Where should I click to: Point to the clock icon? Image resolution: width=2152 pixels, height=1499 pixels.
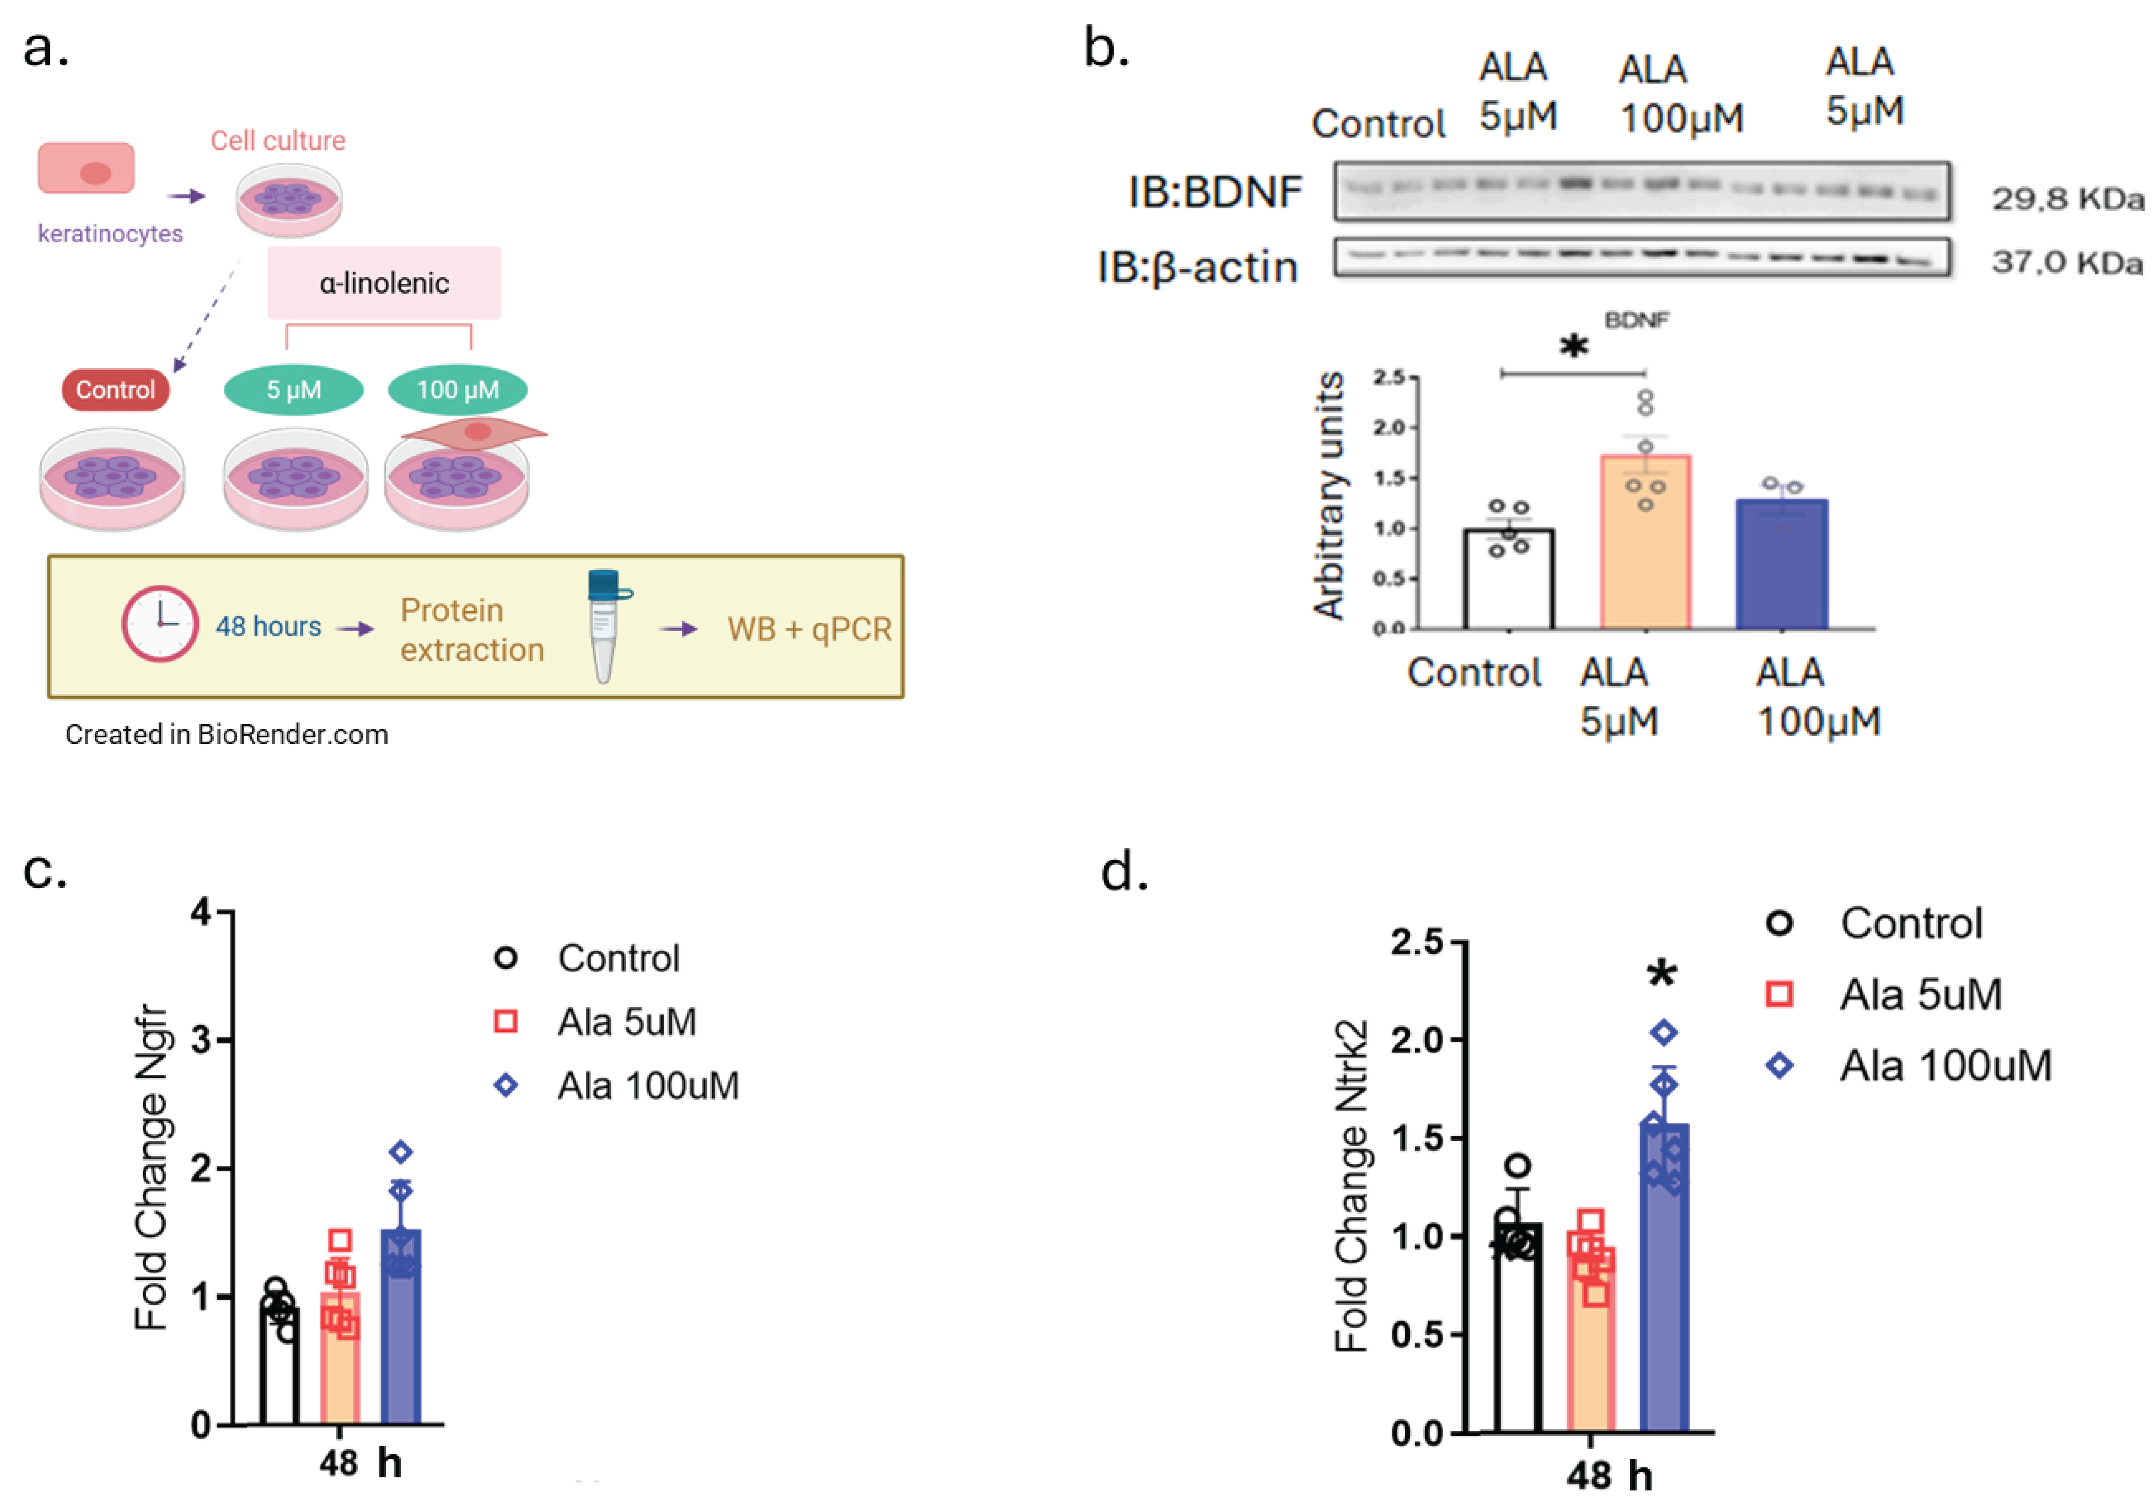pos(159,624)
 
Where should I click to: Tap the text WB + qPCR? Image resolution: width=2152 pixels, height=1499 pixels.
pos(809,629)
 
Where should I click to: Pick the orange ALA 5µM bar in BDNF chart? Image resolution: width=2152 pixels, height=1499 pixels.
pos(1645,544)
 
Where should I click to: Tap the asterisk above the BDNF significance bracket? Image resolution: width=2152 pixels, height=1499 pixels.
pos(1574,347)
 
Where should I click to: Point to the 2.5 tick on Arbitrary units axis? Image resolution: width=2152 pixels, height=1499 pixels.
pos(1389,377)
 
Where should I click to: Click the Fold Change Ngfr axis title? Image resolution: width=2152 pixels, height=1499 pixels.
pos(152,1167)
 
